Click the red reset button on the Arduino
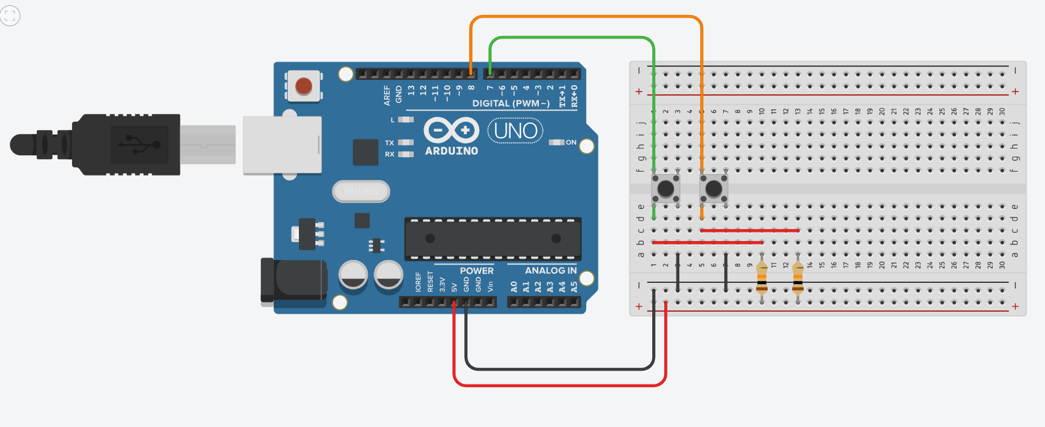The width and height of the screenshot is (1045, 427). tap(304, 86)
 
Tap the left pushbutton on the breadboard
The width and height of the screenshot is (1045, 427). tap(665, 189)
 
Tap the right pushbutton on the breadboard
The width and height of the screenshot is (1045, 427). tap(713, 189)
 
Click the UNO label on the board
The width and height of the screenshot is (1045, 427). tap(515, 131)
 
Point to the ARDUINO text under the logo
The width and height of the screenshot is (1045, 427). tap(452, 151)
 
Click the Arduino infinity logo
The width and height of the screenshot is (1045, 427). tap(451, 130)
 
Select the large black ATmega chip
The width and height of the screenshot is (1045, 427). tap(492, 238)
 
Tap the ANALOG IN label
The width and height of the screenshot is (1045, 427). tap(551, 270)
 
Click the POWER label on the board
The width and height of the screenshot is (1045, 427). tap(477, 270)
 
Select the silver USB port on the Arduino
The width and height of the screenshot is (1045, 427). tap(282, 145)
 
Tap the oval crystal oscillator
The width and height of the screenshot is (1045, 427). tap(361, 191)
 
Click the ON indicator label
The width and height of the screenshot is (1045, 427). tap(571, 142)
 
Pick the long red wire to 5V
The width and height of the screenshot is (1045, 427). tap(561, 384)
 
